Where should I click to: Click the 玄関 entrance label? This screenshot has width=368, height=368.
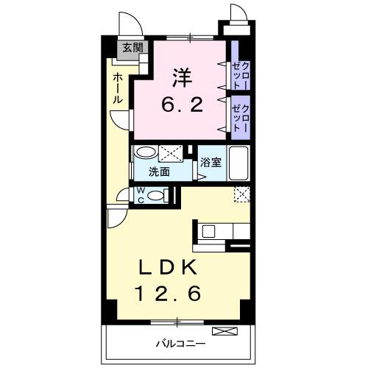(x=132, y=49)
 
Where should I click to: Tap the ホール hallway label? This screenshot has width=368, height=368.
(x=118, y=88)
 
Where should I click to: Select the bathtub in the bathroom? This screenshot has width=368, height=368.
(x=240, y=163)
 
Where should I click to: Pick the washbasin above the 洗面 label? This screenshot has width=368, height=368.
(x=146, y=153)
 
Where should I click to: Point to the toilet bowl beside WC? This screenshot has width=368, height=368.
(x=155, y=195)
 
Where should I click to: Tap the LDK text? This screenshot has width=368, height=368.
(x=175, y=266)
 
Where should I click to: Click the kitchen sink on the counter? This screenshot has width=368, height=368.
(x=208, y=231)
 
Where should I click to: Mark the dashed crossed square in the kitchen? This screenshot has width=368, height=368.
(x=241, y=194)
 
